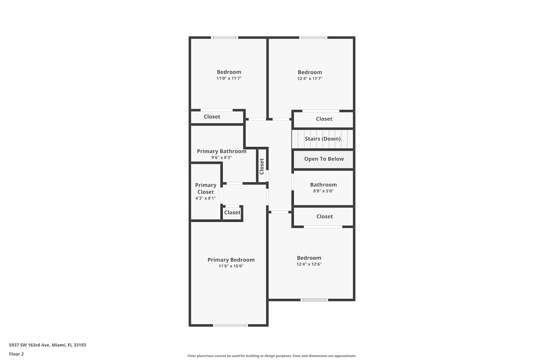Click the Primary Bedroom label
[x=231, y=260]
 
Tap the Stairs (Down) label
[x=323, y=139]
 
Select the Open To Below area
[x=324, y=159]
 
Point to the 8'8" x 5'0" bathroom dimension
[x=323, y=191]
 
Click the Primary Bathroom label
[x=222, y=151]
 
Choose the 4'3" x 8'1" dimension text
[x=206, y=199]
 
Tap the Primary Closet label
[x=206, y=189]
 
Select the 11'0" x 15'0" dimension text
[x=231, y=266]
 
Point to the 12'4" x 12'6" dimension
[x=309, y=264]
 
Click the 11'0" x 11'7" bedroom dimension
[x=229, y=78]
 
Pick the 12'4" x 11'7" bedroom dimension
[x=310, y=78]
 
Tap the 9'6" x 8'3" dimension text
[x=222, y=158]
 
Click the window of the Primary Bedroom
[x=230, y=325]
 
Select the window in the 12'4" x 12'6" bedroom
[x=314, y=300]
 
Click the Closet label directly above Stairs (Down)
[x=324, y=119]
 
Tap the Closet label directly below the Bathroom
[x=325, y=216]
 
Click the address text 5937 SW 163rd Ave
[x=29, y=345]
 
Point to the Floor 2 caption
[x=17, y=354]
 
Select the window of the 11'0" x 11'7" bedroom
[x=224, y=38]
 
